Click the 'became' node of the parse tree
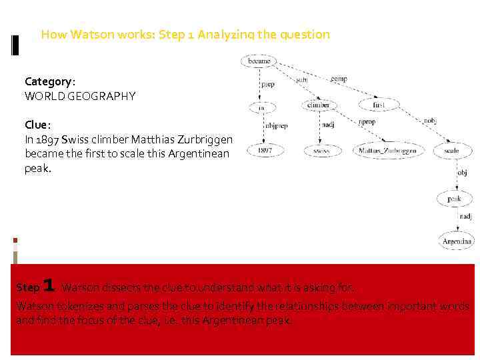pos(259,61)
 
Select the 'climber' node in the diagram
pos(318,105)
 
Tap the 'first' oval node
pos(379,105)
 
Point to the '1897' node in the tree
pos(265,151)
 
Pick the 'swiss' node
pos(321,151)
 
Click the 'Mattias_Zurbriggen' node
pos(387,151)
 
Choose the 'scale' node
pos(451,151)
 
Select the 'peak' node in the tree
pos(454,198)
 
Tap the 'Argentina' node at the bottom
pos(457,241)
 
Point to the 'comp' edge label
pos(339,79)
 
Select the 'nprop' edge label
pos(367,123)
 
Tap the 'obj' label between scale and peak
pos(461,173)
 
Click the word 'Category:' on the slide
pos(50,81)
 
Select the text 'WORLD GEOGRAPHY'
pos(80,96)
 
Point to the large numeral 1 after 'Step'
pos(48,286)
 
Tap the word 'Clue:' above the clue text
pos(37,125)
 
